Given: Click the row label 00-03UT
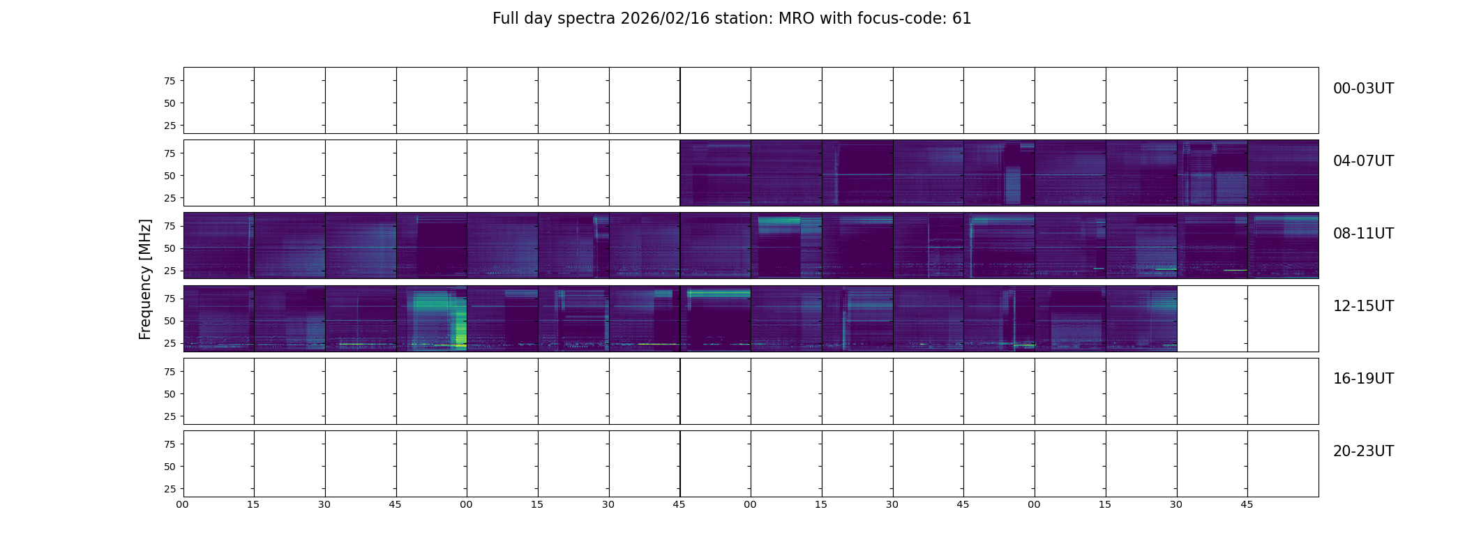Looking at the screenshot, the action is [x=1363, y=89].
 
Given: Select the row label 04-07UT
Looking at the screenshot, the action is [x=1363, y=161].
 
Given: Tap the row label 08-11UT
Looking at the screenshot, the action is [x=1363, y=234].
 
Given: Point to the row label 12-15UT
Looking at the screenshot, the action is [x=1363, y=306].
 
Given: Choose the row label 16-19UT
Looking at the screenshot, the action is [x=1363, y=379].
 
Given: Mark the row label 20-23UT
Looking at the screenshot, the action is [x=1363, y=451].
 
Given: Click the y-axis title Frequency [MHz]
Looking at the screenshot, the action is [x=145, y=280].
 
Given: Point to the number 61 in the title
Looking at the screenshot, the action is [x=962, y=19].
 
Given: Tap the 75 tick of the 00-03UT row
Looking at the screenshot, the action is [x=170, y=81].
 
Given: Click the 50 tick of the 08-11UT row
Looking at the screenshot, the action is [x=170, y=248].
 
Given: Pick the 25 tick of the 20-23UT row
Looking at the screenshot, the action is [x=170, y=489].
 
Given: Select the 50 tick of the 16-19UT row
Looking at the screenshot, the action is [x=170, y=394].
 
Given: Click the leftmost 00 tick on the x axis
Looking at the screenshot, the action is [x=183, y=505].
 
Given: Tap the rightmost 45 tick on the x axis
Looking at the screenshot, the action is [x=1247, y=505].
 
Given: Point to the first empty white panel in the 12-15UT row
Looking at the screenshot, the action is [x=1212, y=319].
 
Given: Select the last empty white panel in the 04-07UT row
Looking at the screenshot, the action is [x=645, y=173].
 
